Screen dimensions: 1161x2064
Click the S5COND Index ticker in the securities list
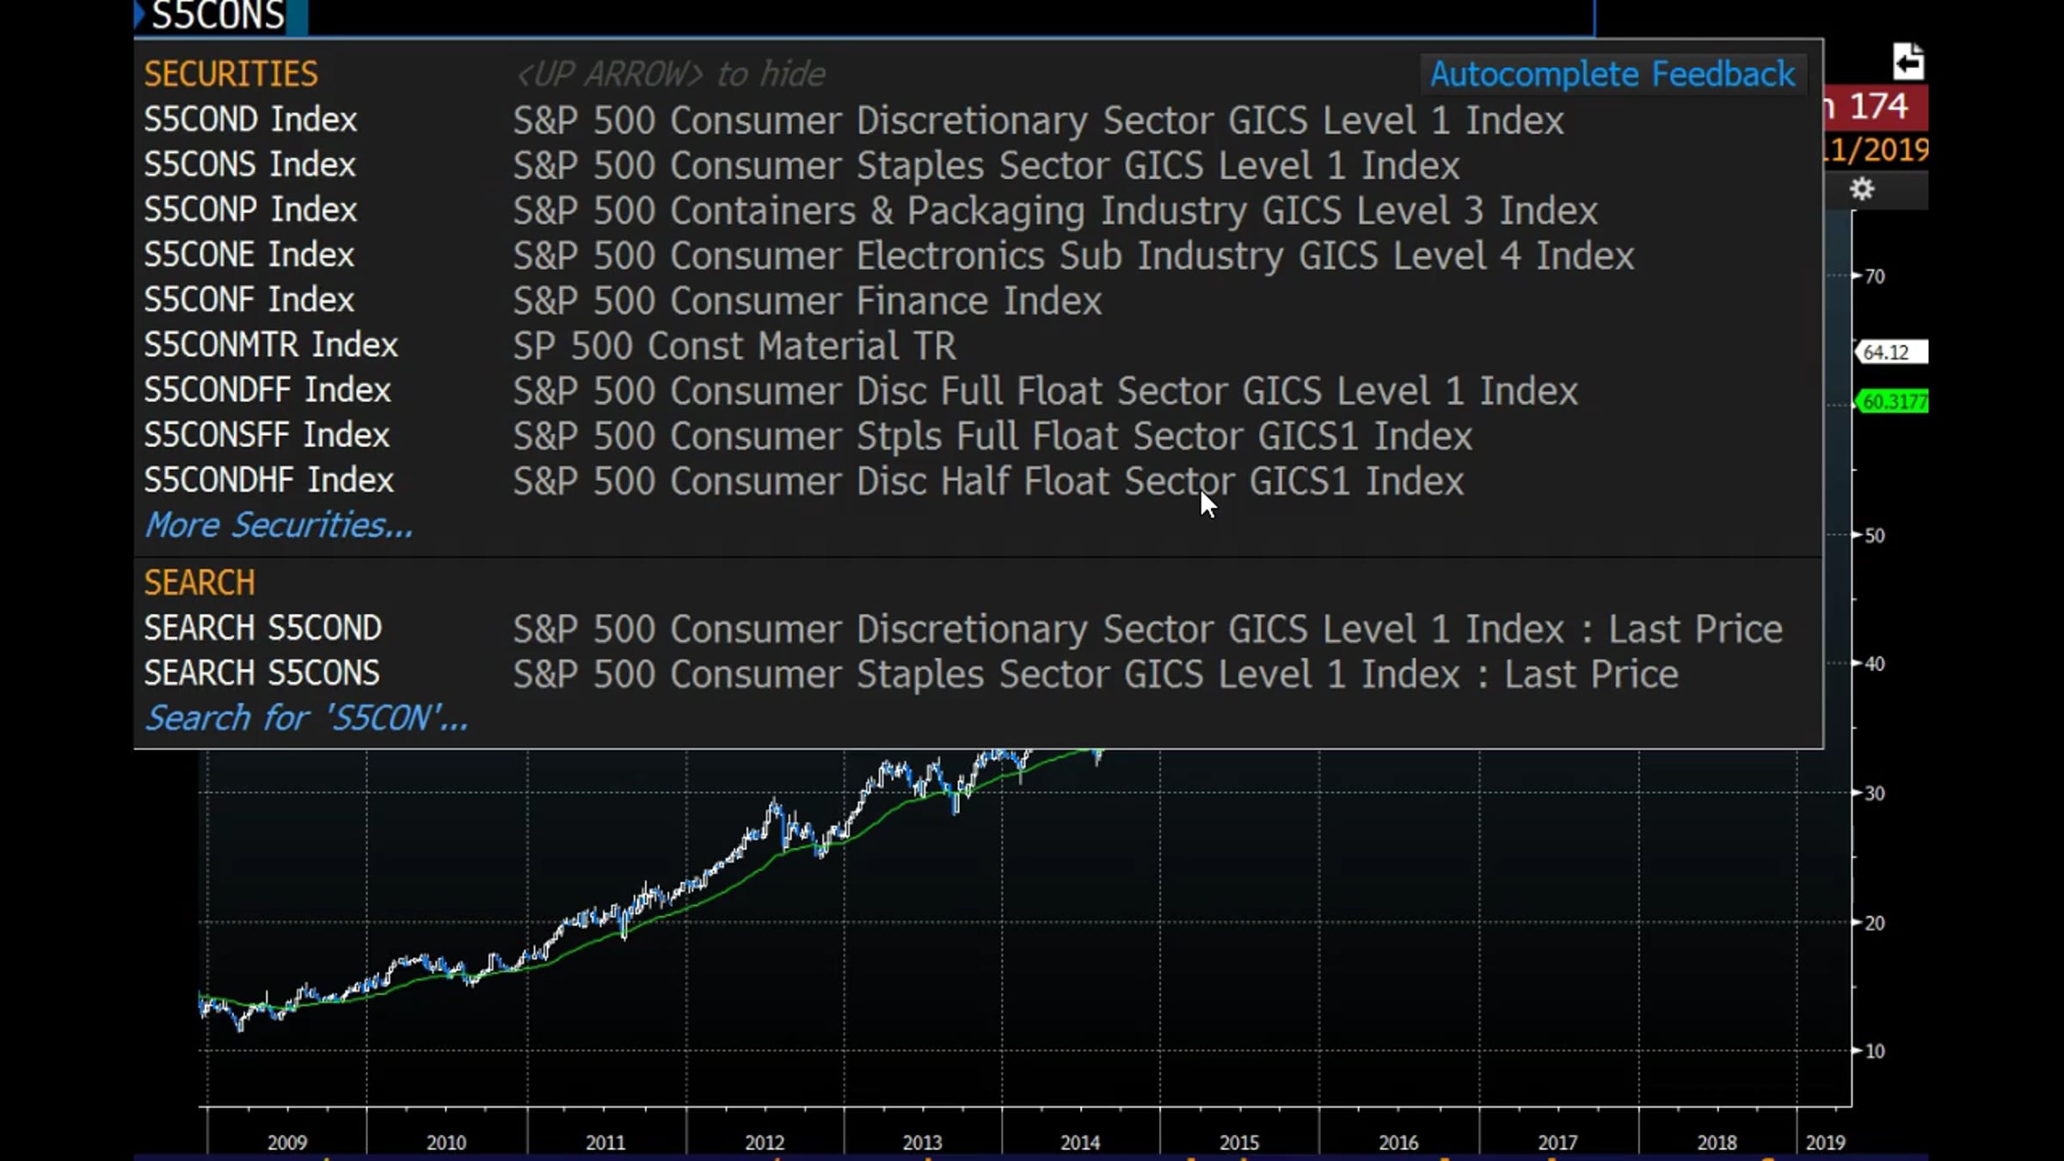[x=250, y=120]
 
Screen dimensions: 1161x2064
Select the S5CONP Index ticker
[x=250, y=210]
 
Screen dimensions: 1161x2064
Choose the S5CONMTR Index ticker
[x=271, y=345]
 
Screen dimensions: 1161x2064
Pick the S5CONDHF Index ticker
[x=268, y=480]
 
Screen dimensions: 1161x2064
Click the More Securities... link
[x=279, y=525]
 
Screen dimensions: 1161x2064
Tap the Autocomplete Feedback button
[x=1612, y=75]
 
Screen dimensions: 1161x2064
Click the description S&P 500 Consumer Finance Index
[x=808, y=301]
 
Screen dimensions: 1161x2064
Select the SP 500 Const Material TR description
[x=734, y=346]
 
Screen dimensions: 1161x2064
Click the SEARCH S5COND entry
[x=262, y=628]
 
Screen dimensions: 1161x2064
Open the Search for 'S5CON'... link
[x=306, y=718]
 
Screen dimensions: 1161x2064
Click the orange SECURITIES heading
[x=230, y=75]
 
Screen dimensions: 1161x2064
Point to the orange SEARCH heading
[x=200, y=583]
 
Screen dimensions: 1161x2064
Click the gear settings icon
[x=1862, y=189]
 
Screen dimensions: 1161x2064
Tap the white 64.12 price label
[x=1890, y=352]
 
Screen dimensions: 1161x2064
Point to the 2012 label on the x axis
[x=765, y=1142]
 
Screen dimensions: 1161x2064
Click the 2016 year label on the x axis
[x=1398, y=1142]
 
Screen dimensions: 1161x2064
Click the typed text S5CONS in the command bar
[x=218, y=16]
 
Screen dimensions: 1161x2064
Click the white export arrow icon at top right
[x=1907, y=62]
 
